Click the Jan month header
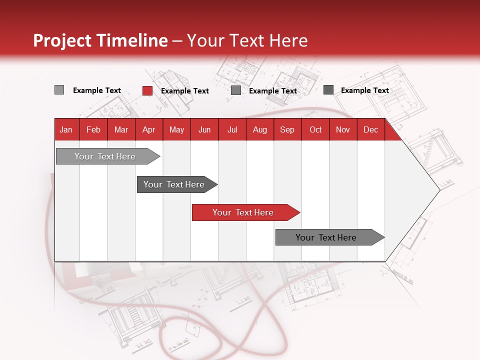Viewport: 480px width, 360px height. click(x=66, y=130)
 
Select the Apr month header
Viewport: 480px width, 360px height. click(x=148, y=130)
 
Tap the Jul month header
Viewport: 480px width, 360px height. click(x=232, y=130)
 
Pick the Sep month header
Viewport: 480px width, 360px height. click(x=287, y=130)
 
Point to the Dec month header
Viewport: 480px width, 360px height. click(x=370, y=130)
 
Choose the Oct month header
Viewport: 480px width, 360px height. click(x=315, y=130)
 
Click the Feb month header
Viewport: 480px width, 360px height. click(x=93, y=130)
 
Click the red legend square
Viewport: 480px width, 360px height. click(x=147, y=90)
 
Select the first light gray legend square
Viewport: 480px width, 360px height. click(x=59, y=90)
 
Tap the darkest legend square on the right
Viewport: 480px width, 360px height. click(x=328, y=90)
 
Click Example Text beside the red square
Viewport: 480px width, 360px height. click(x=184, y=91)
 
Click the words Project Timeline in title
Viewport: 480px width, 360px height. click(x=100, y=40)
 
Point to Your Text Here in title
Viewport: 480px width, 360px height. click(x=247, y=40)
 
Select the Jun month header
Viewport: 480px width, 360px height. click(x=204, y=130)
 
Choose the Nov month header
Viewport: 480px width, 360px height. click(x=343, y=130)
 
